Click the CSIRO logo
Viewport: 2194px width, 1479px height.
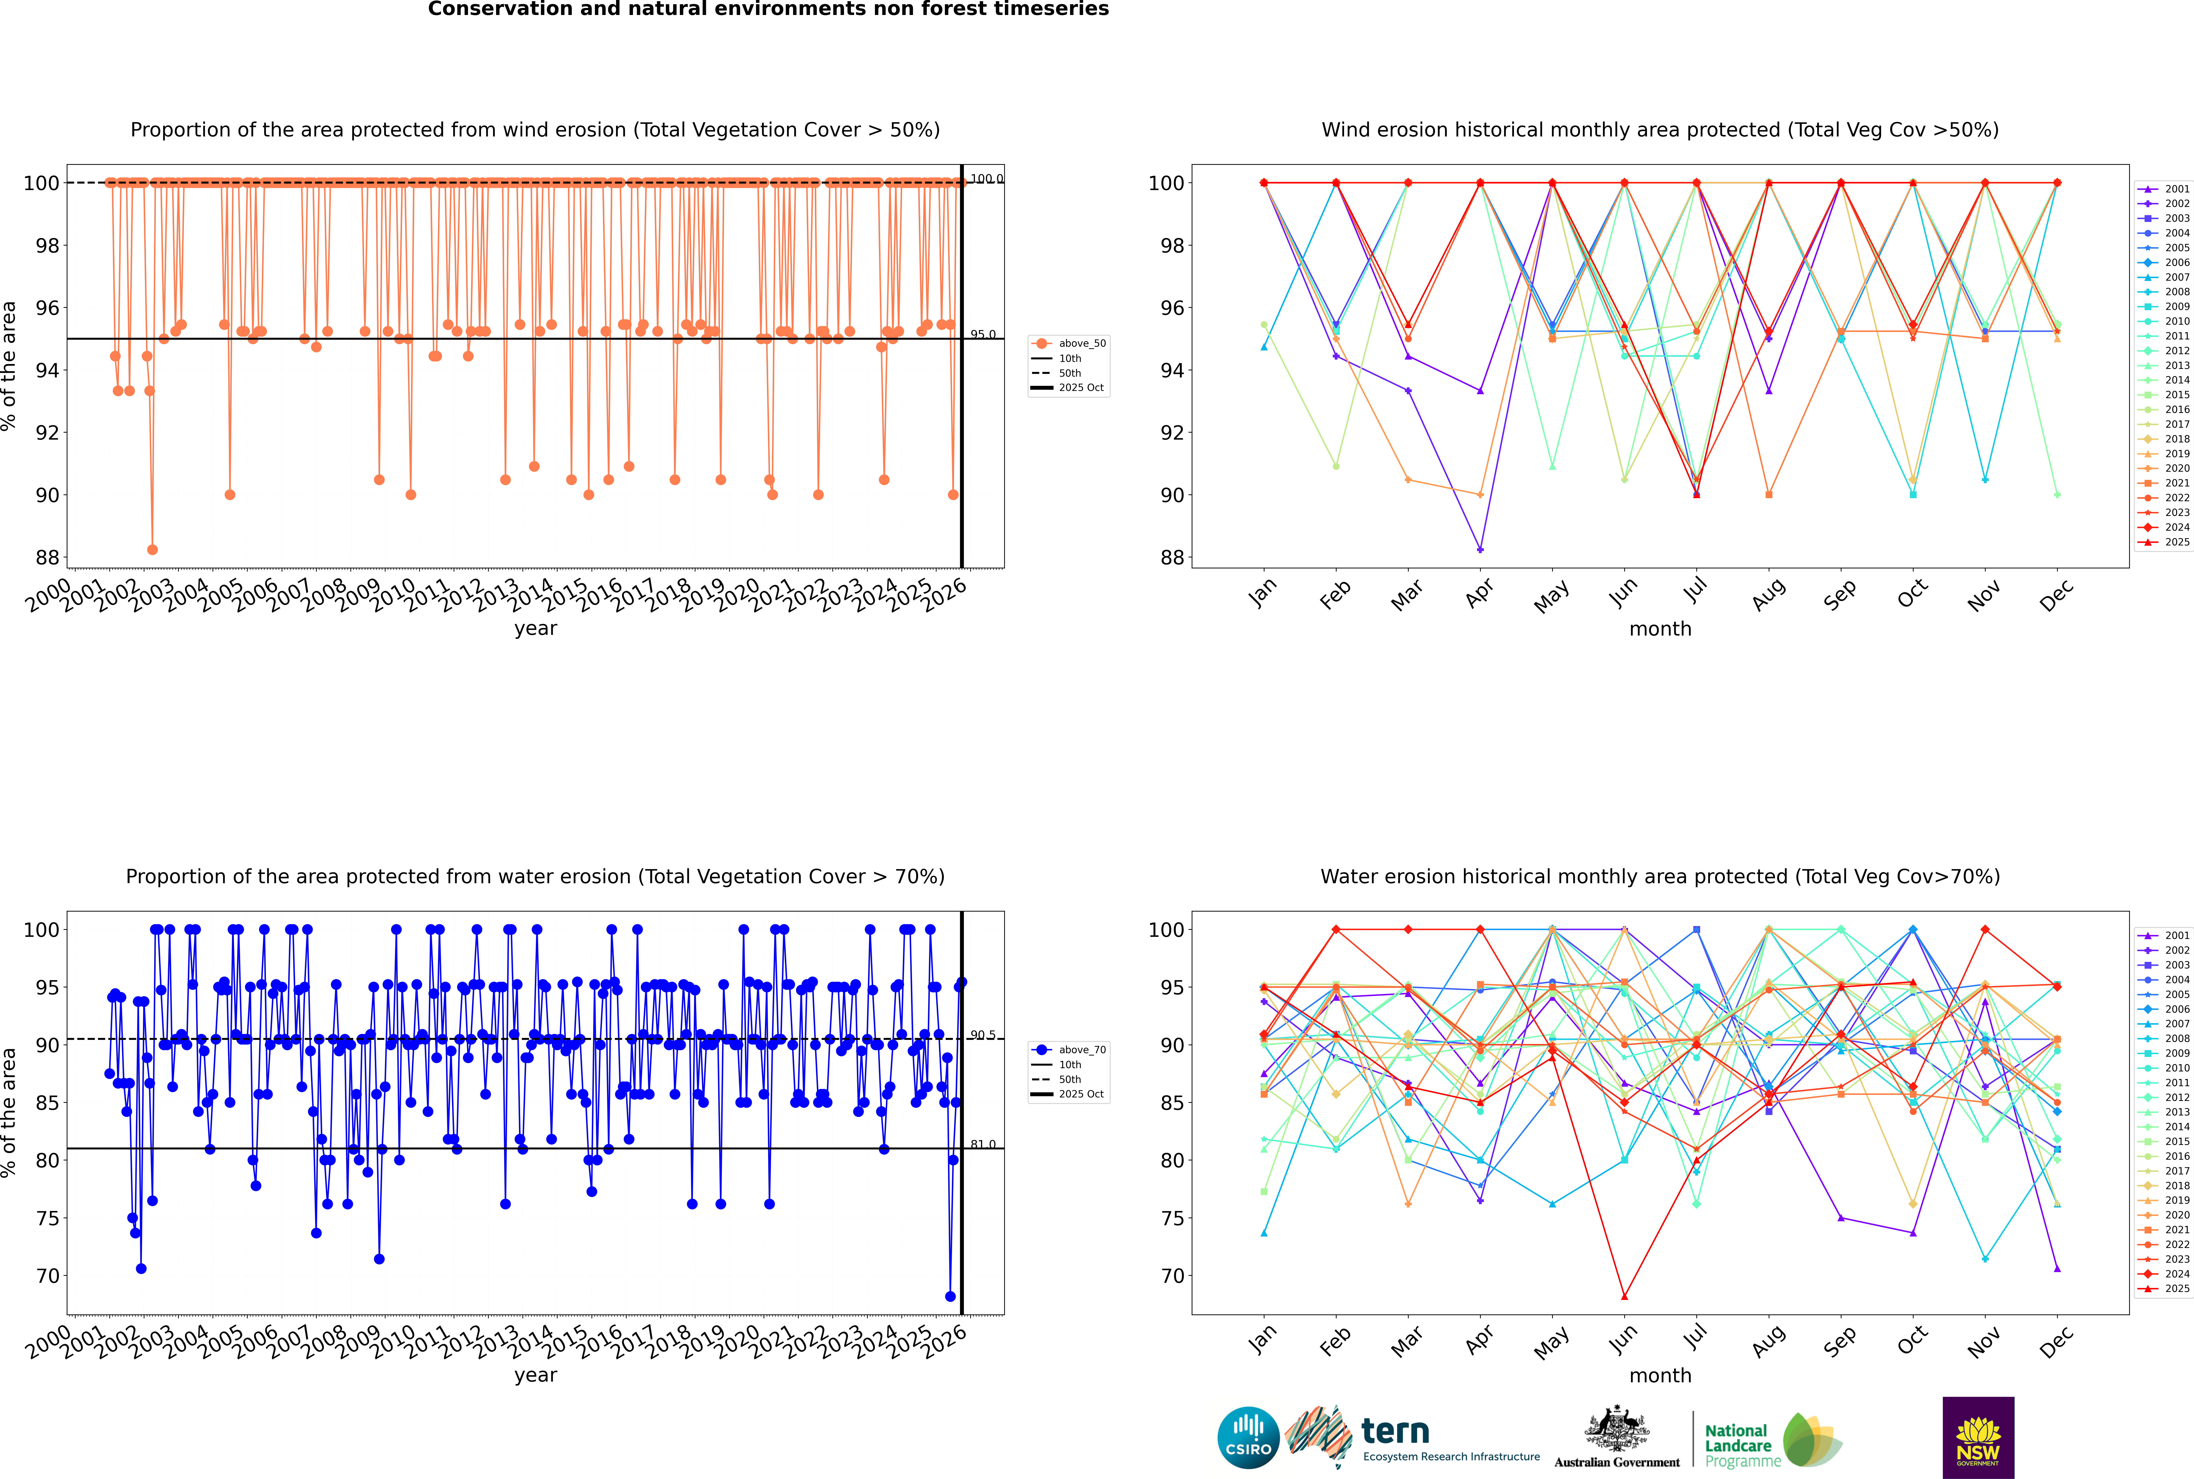(1248, 1438)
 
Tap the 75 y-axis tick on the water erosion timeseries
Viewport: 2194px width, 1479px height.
(47, 1218)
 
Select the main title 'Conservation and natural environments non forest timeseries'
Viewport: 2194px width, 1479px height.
(768, 9)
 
